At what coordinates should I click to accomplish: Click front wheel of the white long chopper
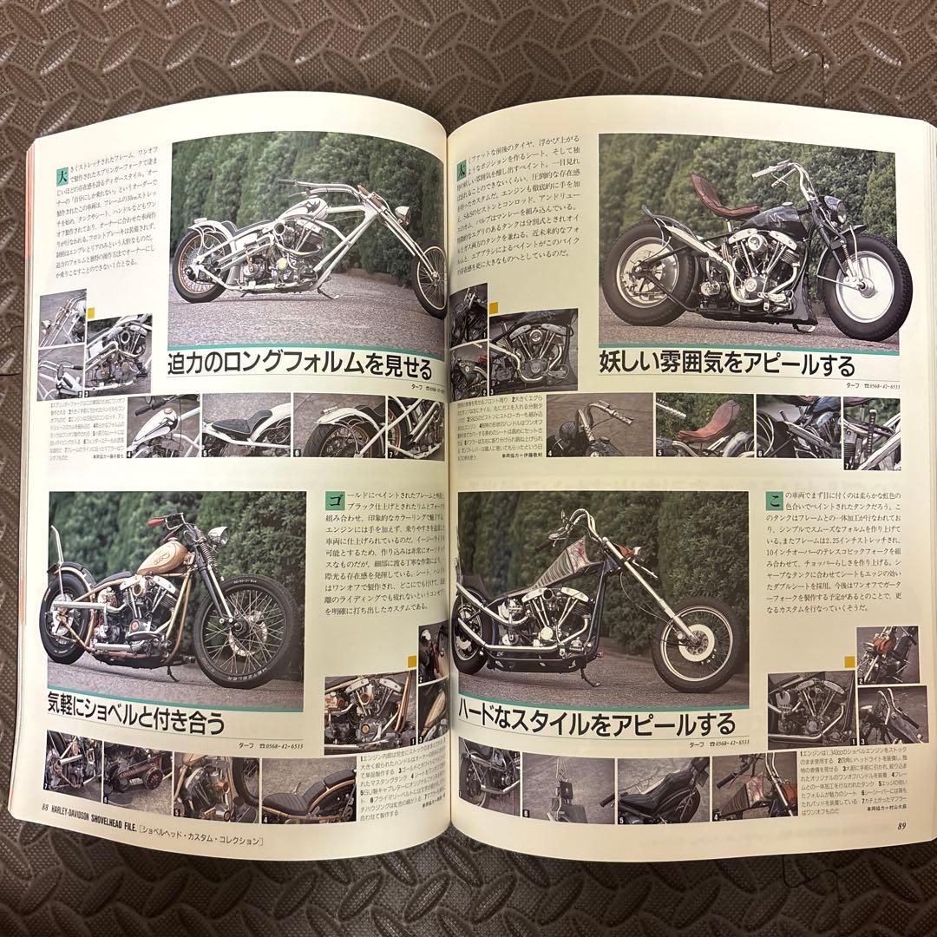coord(429,278)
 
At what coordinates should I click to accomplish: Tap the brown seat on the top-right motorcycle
coord(711,185)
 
